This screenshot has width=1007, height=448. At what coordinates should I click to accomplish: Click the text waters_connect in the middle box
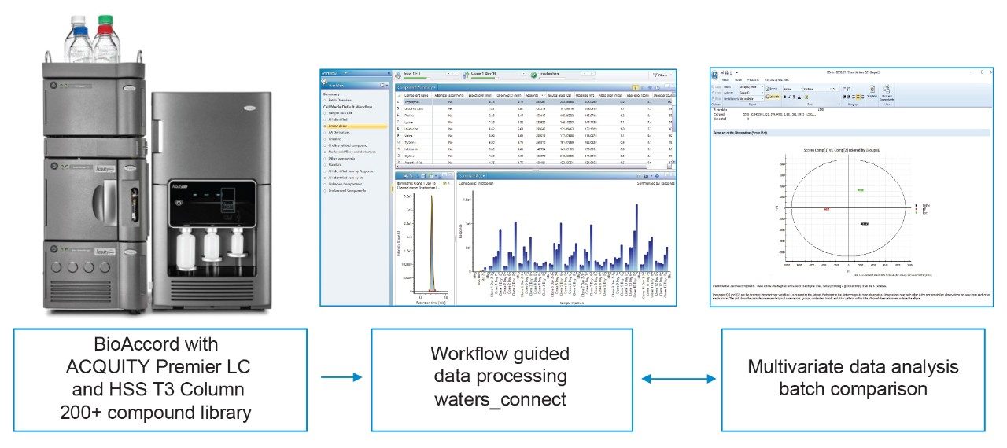[500, 399]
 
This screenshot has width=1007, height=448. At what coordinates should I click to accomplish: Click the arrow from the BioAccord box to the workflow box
[341, 378]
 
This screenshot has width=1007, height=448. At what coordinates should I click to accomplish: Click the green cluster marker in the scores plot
[861, 191]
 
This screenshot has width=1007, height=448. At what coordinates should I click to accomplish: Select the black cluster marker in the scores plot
[864, 225]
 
